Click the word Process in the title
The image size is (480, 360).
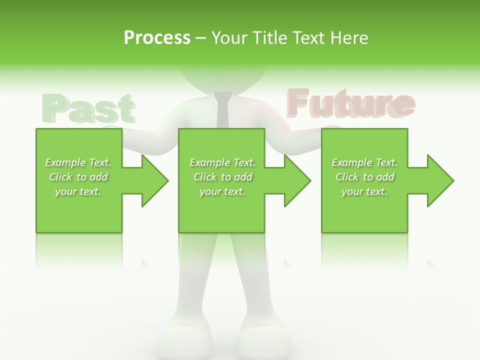point(157,37)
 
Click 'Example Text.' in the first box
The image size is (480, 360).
point(78,162)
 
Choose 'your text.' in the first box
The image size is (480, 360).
point(78,191)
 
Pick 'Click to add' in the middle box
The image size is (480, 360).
point(222,177)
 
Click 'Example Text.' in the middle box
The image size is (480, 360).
point(222,162)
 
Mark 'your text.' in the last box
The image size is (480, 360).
point(364,191)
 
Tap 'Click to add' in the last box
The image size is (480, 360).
point(364,177)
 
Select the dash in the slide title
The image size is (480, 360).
point(201,38)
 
